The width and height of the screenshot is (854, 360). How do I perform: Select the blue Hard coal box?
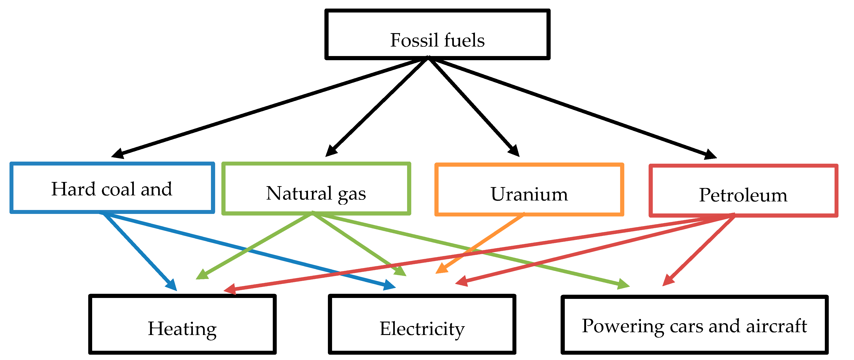(x=112, y=188)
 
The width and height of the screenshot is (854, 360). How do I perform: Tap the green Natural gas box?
(x=316, y=189)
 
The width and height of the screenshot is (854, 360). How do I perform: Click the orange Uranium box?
(x=529, y=190)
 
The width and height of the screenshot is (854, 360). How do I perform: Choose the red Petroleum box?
(x=743, y=191)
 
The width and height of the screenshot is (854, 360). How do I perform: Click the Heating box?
(x=182, y=324)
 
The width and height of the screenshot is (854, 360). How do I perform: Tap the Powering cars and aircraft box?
(x=694, y=325)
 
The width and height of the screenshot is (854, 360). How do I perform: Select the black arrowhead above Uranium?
(x=515, y=151)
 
